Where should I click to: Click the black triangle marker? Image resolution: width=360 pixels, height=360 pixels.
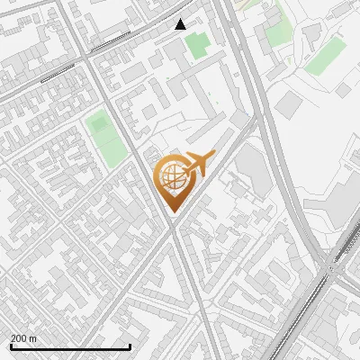click(181, 24)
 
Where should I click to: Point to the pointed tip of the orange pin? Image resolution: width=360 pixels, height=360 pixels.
click(173, 212)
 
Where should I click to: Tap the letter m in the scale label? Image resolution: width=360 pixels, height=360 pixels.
click(34, 338)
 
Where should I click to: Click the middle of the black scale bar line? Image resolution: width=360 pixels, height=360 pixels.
click(70, 347)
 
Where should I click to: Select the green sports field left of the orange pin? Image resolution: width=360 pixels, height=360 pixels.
click(106, 138)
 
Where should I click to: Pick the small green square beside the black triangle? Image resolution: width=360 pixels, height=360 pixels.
click(196, 41)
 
